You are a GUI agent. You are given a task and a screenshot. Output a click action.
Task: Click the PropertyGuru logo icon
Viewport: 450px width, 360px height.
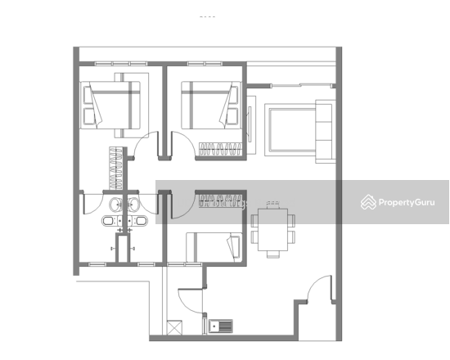coord(368,202)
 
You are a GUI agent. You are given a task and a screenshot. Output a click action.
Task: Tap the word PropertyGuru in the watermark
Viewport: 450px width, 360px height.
coord(407,203)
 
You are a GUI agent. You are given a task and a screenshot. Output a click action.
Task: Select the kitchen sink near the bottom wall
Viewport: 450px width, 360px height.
coord(221,326)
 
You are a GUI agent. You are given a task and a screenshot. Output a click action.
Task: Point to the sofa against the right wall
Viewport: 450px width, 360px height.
coord(325,132)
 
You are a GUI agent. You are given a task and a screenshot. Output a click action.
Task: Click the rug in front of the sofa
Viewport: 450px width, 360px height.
coord(290,130)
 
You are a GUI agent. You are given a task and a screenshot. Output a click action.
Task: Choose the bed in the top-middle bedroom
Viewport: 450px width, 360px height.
coord(211,105)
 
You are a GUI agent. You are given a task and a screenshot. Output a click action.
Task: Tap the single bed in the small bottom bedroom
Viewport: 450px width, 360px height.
coord(214,247)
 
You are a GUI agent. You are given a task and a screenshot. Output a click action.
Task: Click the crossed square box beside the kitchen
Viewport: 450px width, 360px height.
coord(174,327)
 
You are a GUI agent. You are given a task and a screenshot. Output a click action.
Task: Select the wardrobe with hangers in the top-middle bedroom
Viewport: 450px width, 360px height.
coord(220,149)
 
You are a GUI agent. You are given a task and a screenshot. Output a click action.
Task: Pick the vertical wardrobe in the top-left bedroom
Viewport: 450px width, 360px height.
coord(116,169)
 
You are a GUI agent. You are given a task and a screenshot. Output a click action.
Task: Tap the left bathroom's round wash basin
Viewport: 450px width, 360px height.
coord(115,204)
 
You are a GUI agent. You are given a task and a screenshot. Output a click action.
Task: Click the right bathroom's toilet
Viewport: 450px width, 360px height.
coord(140,221)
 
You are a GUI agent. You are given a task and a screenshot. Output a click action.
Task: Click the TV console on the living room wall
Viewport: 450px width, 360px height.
coord(251,125)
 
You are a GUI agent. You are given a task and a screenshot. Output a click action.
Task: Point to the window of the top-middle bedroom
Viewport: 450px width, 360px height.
coord(205,64)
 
